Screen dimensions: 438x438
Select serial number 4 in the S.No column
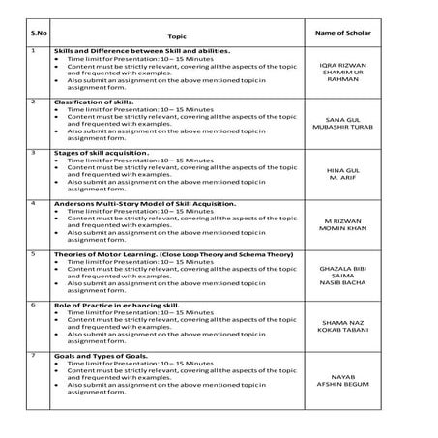[x=34, y=203]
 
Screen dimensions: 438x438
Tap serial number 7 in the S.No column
[x=34, y=355]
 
